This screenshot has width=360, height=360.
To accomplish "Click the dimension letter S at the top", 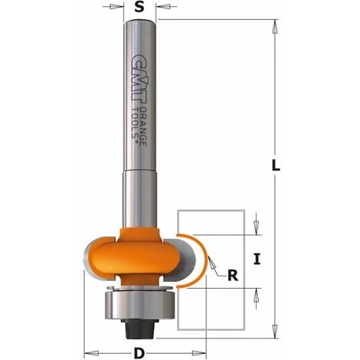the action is click(139, 7).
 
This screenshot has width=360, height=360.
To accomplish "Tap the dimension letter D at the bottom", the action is click(139, 353).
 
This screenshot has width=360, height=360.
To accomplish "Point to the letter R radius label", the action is click(233, 276).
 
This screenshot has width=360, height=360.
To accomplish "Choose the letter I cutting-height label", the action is click(257, 260).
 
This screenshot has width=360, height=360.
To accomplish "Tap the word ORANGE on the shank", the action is click(144, 126).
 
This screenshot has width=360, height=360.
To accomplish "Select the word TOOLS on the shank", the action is click(136, 123).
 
